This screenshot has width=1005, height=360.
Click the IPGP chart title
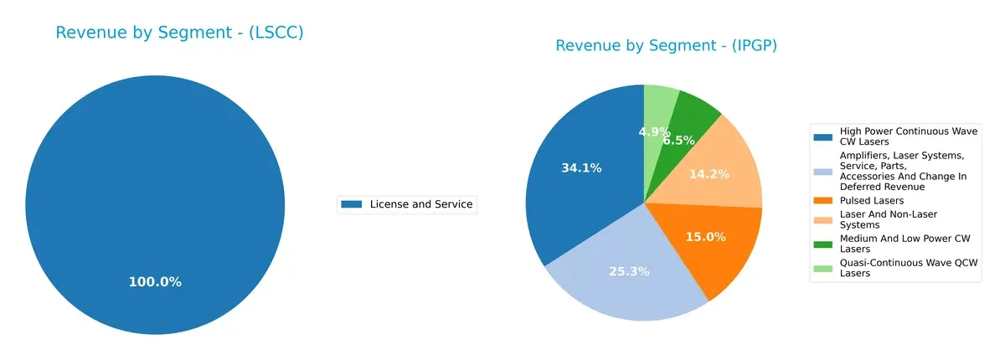666,45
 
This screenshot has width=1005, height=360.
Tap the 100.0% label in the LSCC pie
155,282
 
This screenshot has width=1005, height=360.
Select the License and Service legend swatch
352,204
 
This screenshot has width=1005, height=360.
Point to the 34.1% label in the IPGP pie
581,168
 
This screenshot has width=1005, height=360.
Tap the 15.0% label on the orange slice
704,236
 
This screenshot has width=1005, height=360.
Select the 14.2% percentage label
709,174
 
